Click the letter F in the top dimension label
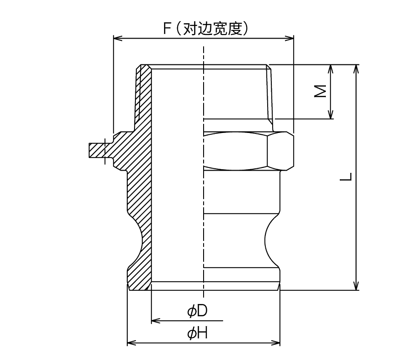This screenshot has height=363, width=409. [167, 29]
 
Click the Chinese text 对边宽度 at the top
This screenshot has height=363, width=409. [212, 29]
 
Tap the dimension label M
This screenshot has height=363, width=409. [320, 91]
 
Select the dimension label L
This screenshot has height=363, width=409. [346, 177]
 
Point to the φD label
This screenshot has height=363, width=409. [198, 311]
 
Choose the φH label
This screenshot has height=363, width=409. [198, 333]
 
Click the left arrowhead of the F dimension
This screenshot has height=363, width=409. [118, 39]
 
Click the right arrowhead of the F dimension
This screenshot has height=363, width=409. [289, 39]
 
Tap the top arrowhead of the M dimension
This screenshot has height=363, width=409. [330, 69]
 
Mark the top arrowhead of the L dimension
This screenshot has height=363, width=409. [356, 69]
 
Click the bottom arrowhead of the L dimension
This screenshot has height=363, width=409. [356, 286]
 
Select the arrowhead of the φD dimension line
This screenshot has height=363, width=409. [156, 320]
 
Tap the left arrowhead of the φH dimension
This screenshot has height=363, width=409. [131, 343]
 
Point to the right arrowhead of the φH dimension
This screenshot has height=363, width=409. [275, 343]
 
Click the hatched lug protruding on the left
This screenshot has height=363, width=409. [97, 150]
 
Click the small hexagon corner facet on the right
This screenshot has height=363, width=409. [281, 151]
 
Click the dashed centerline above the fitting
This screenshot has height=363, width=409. [204, 55]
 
